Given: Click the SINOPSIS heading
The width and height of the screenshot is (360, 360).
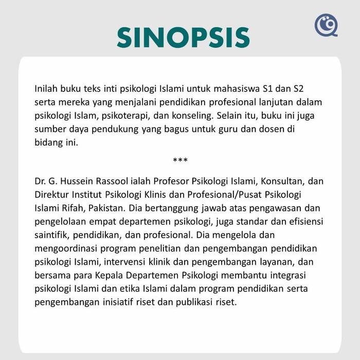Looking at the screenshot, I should click(x=183, y=38).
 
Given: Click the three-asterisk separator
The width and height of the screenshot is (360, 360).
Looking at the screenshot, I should click(x=180, y=160).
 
